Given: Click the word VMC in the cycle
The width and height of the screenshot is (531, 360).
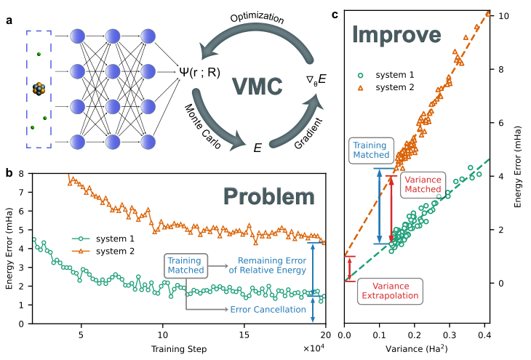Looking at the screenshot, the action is point(257,86).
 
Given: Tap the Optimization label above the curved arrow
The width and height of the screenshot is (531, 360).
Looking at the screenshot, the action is point(257,18).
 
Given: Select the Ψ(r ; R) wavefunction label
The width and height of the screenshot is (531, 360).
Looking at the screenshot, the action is point(199,72).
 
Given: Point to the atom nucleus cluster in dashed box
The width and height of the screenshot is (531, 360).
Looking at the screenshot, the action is point(39,89).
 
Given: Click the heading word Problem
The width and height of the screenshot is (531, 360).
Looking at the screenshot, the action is point(269,196).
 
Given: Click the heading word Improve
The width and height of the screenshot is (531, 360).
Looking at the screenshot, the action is point(396,34).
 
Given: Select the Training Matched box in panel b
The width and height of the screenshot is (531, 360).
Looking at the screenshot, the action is point(185,266).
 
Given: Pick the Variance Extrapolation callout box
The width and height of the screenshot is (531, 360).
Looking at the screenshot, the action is point(390,291).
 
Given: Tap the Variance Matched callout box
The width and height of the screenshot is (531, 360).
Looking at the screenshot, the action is point(423,185).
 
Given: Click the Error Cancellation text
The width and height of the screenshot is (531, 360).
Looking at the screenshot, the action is point(268,310).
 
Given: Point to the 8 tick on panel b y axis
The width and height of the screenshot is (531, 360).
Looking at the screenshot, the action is point(21,174).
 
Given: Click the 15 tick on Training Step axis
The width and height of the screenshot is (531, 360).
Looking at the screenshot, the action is point(244,335).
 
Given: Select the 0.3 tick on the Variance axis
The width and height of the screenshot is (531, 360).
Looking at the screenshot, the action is point(450,335).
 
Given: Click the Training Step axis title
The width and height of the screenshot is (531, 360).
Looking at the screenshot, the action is point(179,349).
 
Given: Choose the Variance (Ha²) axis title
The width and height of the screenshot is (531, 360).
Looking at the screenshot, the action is point(417,349).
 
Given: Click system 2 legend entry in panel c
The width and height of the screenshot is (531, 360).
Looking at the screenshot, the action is point(386,87).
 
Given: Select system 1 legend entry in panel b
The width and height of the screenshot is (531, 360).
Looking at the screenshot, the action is point(103,239).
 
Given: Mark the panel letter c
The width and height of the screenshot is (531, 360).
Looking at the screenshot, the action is point(335,15).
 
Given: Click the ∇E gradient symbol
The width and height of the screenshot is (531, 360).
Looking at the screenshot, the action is point(316,79).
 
